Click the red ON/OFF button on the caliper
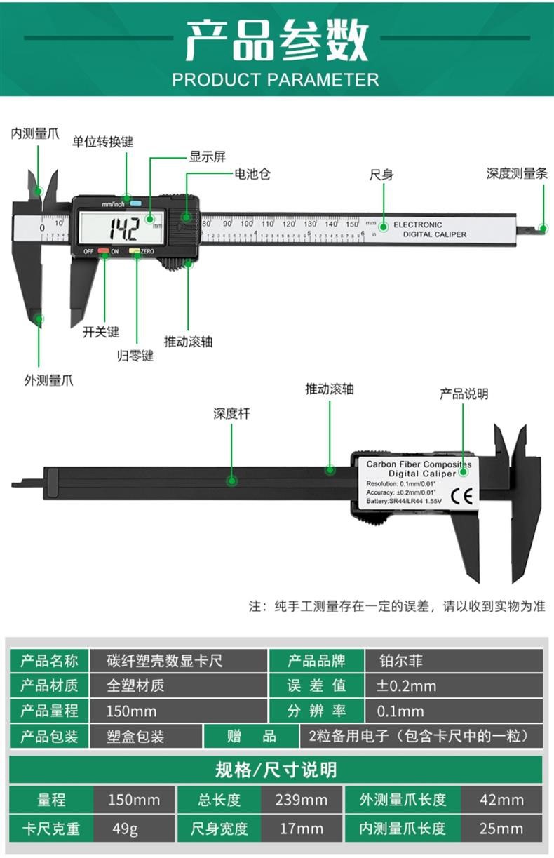tap(104, 250)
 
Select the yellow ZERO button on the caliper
tap(134, 250)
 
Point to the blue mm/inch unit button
tap(135, 203)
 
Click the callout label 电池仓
tap(252, 173)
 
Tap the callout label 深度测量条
tap(517, 173)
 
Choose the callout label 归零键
tap(135, 355)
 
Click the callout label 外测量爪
tap(48, 380)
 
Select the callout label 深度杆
tap(231, 413)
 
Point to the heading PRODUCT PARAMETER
tap(276, 79)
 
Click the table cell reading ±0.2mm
tap(407, 685)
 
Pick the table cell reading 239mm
tap(302, 800)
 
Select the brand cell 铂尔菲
tap(400, 660)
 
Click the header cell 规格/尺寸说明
tap(276, 770)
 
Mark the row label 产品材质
tap(49, 685)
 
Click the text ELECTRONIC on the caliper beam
tap(418, 224)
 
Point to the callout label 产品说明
tap(464, 394)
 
